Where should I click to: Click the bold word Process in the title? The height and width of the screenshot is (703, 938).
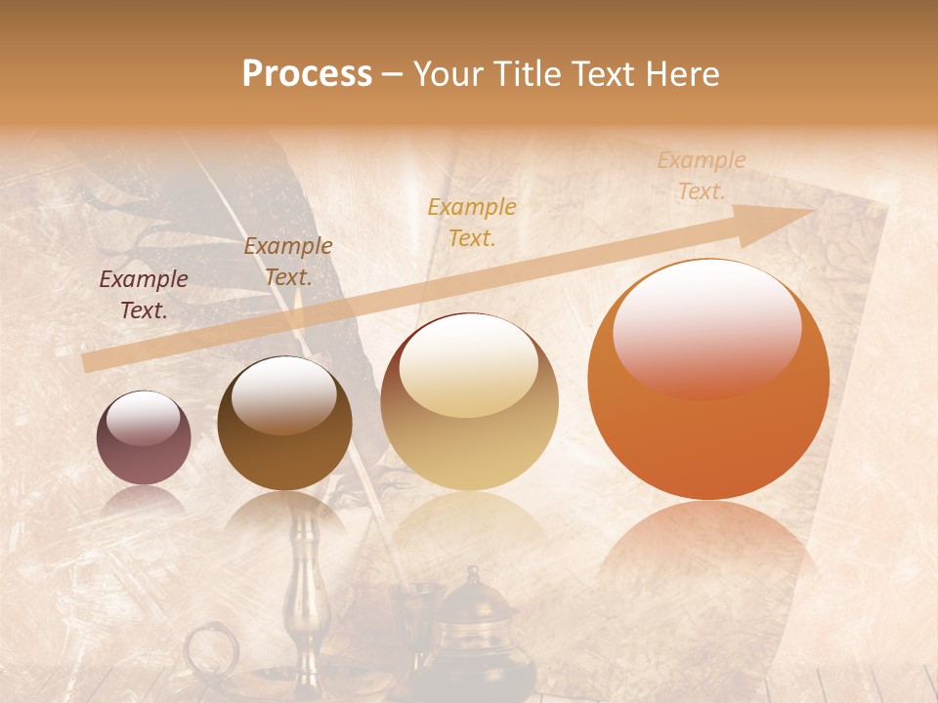307,74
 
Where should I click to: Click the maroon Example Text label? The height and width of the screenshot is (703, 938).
144,295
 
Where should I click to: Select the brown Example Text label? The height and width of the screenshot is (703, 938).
288,262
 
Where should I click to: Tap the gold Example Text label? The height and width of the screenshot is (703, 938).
472,222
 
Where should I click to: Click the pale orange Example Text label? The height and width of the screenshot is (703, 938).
702,176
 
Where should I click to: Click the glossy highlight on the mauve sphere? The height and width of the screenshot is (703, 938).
144,420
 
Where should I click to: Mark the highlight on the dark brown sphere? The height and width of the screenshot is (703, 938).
283,393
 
